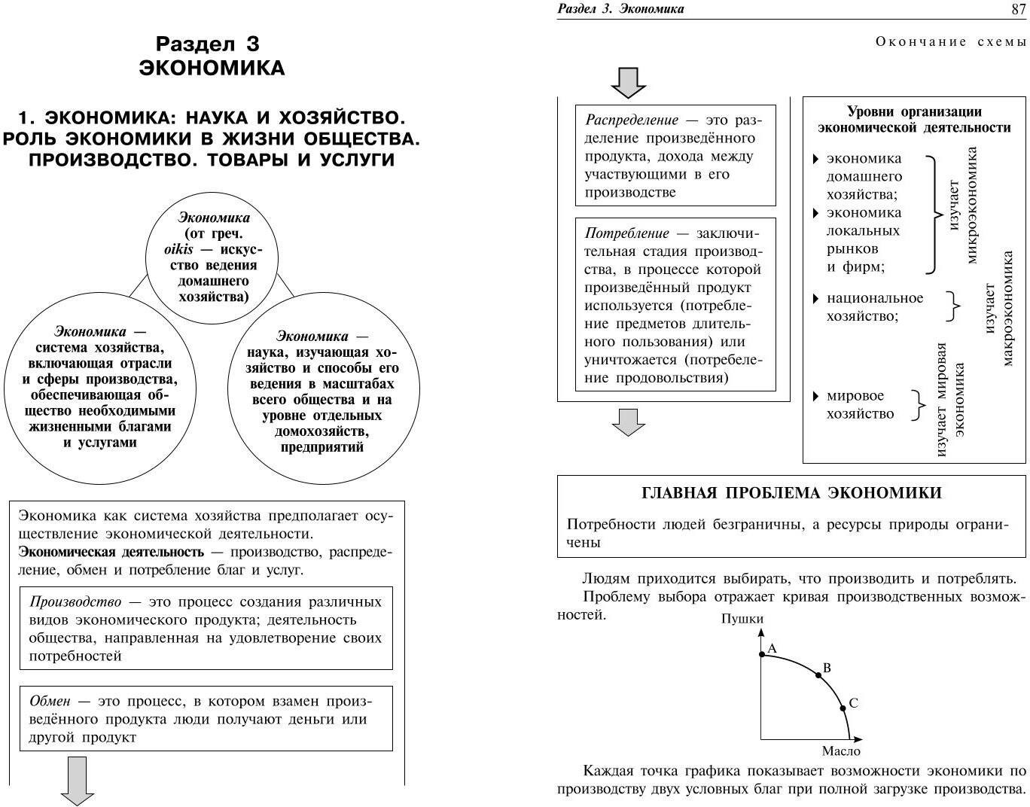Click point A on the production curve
coord(761,655)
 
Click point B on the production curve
coord(818,675)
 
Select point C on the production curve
coord(843,708)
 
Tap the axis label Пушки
coord(742,619)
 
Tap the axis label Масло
coord(840,751)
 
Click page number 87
coord(1016,9)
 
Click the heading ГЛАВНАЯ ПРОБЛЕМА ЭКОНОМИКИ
coord(791,493)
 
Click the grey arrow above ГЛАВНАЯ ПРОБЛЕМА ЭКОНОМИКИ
coord(628,422)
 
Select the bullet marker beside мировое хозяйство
coord(815,396)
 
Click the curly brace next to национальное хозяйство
coord(953,306)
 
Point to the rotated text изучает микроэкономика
coord(962,205)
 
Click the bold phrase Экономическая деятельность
coord(111,552)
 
